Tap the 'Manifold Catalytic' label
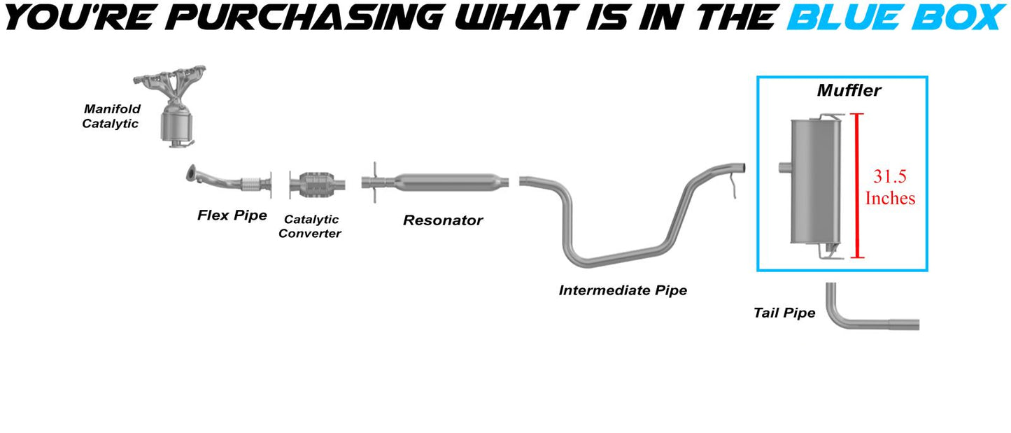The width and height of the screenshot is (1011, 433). (112, 116)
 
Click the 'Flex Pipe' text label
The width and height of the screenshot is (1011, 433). (232, 215)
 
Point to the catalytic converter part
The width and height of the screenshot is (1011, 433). (317, 184)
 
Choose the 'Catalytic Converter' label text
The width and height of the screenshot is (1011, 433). (310, 227)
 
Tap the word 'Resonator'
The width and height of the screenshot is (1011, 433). (443, 220)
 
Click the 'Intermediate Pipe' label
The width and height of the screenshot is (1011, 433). (623, 290)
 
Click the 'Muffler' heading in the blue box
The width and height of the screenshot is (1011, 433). (849, 90)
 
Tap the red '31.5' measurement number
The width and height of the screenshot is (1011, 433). (890, 176)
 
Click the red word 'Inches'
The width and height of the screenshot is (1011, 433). (890, 198)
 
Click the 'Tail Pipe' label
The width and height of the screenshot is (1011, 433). (784, 313)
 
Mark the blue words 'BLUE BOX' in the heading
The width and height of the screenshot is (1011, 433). (896, 17)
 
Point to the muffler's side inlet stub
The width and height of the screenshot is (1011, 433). (784, 167)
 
